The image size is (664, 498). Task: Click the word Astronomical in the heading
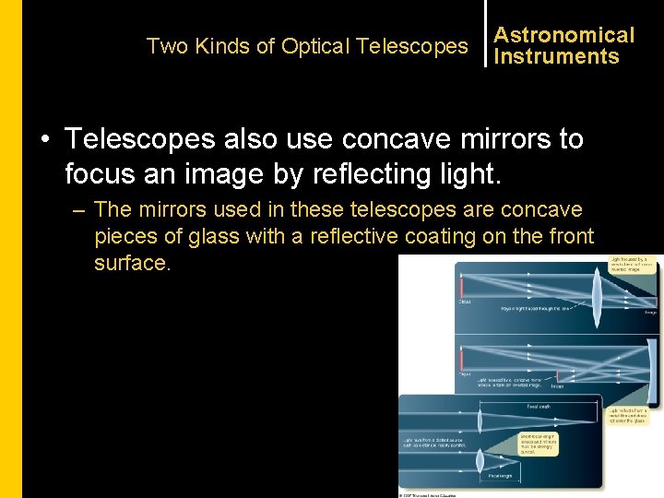tap(564, 35)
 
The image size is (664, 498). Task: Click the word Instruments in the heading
tap(556, 56)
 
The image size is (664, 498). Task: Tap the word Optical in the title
tap(315, 46)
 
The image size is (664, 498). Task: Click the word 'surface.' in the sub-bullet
tap(133, 263)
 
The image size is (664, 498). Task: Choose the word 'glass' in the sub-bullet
tap(209, 236)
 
